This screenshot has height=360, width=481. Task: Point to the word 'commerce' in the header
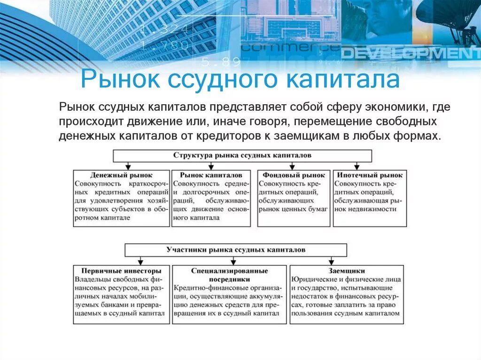tap(290, 47)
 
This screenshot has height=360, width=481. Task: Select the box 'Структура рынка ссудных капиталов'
tap(242, 155)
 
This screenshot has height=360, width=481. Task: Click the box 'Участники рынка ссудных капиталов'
tap(236, 250)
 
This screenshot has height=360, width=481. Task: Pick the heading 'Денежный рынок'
tap(122, 175)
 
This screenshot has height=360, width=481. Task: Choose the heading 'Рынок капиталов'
tap(211, 175)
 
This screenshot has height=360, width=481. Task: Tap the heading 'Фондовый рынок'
tap(294, 175)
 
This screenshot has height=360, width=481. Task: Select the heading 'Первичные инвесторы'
tap(121, 271)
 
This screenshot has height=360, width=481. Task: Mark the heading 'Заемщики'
tap(347, 271)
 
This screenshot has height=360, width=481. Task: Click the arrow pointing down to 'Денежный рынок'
tap(128, 166)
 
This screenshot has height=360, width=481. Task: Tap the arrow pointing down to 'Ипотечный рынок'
tap(357, 166)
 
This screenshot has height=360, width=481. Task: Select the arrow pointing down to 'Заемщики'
tap(332, 260)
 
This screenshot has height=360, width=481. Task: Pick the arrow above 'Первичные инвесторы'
tap(140, 260)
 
